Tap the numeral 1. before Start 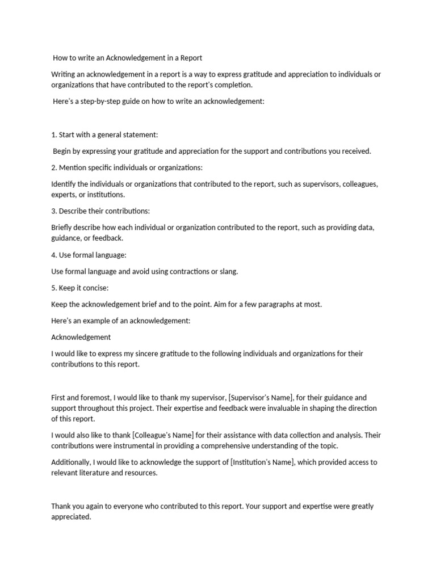(54, 134)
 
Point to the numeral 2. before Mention (54, 167)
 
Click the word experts (62, 195)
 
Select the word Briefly (62, 228)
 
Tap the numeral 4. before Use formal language (54, 255)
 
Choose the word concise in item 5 (94, 288)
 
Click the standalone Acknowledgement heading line (81, 337)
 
